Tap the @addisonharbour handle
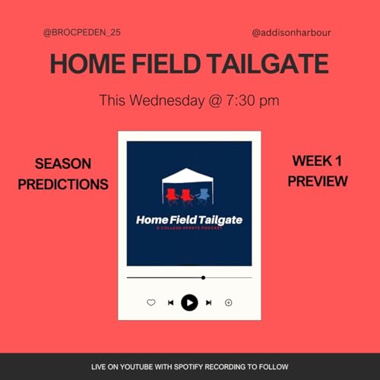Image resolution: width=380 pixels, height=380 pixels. click(292, 33)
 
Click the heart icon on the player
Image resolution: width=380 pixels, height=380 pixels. click(150, 302)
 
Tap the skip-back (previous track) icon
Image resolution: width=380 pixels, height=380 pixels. click(170, 302)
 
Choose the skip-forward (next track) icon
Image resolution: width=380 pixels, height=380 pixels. click(209, 302)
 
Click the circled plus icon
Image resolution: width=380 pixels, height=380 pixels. click(228, 302)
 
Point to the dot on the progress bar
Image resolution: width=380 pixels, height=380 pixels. click(203, 277)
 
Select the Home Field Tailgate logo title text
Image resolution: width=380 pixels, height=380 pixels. click(189, 220)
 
